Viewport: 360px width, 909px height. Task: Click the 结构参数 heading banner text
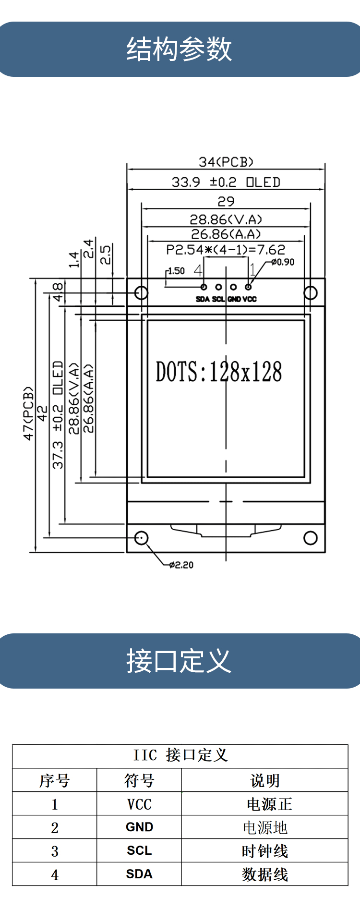(x=179, y=49)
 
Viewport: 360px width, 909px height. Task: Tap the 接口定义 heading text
(x=179, y=661)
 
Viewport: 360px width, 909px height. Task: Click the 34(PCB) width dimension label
(x=226, y=162)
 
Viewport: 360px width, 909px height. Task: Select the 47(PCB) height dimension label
(x=29, y=413)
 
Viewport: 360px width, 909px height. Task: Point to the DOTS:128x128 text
(x=219, y=372)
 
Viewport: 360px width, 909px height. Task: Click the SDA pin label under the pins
(x=203, y=299)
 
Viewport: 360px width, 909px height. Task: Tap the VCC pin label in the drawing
(x=250, y=299)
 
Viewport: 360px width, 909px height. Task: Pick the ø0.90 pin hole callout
(x=283, y=262)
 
